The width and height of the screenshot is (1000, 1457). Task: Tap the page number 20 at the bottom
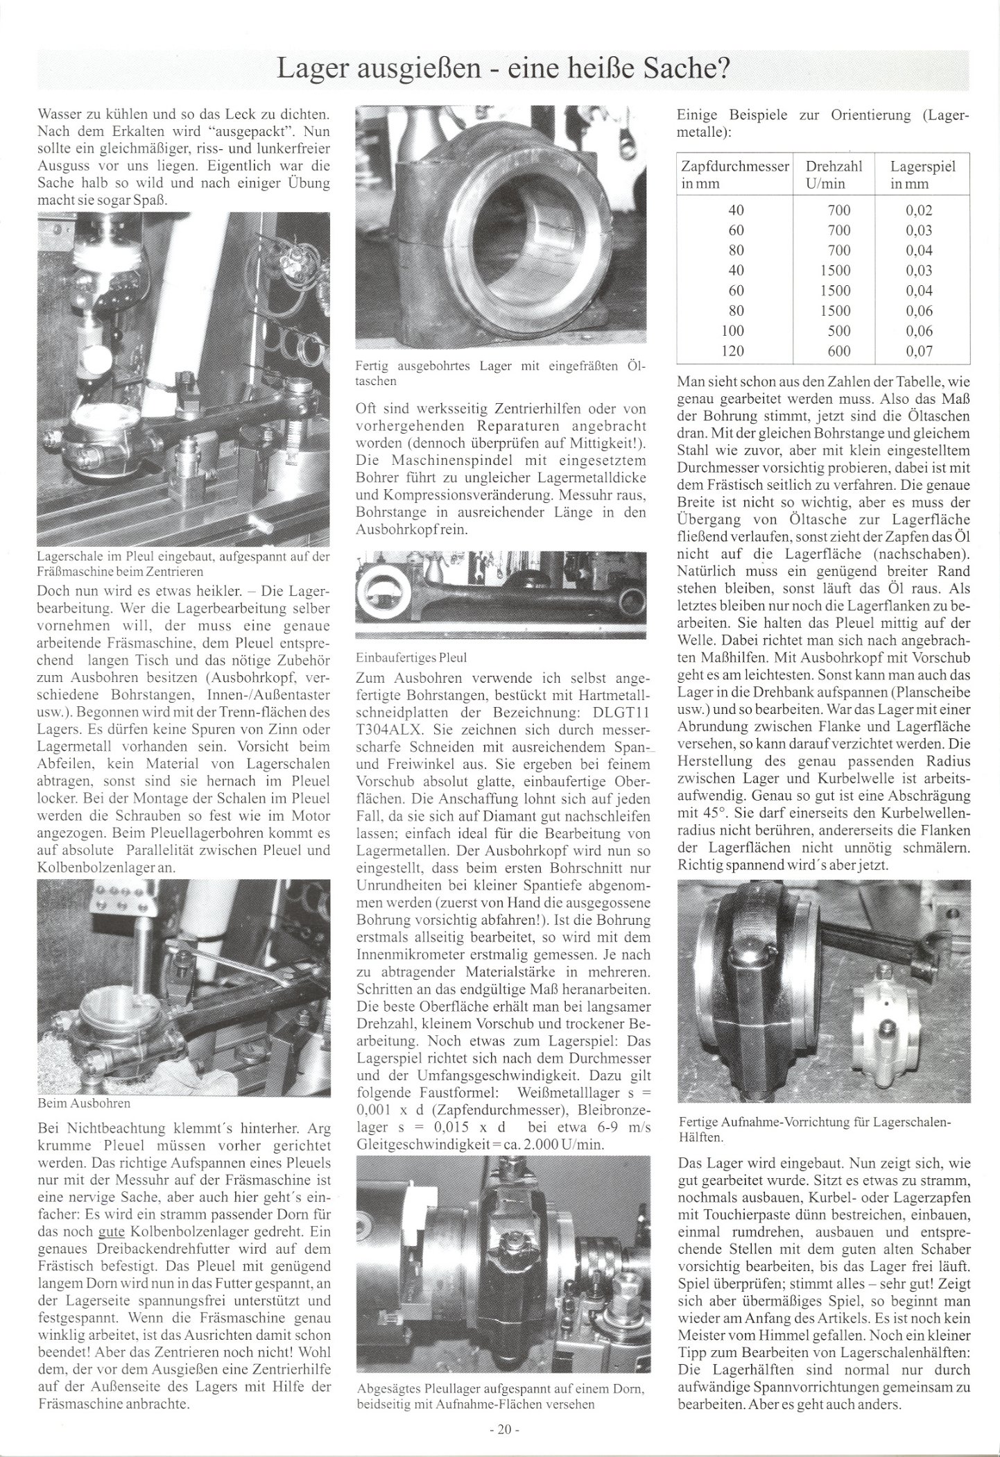pyautogui.click(x=499, y=1426)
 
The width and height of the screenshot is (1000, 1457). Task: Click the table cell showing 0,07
pyautogui.click(x=919, y=350)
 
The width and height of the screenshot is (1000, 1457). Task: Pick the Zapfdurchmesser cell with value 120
pyautogui.click(x=733, y=350)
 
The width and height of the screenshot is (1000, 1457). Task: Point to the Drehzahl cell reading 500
pyautogui.click(x=838, y=330)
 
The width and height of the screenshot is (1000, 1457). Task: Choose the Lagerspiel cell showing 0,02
pyautogui.click(x=919, y=210)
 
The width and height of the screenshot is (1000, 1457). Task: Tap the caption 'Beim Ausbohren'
pyautogui.click(x=83, y=1102)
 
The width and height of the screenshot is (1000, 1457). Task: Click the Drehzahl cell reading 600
pyautogui.click(x=838, y=350)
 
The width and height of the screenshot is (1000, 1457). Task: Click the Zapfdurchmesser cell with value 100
pyautogui.click(x=733, y=330)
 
